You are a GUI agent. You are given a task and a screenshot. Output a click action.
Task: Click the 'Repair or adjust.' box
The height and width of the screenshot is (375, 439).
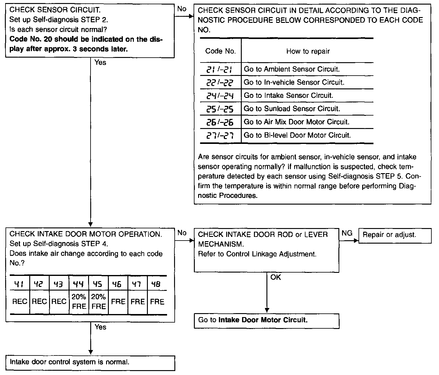tap(395, 236)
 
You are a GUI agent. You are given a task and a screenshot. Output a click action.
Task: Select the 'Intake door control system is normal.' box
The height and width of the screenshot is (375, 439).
tap(90, 362)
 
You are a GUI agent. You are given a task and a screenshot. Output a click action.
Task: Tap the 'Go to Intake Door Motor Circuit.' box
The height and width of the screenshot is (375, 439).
tap(266, 320)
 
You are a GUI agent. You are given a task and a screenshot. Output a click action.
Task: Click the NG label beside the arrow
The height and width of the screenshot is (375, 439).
tap(347, 234)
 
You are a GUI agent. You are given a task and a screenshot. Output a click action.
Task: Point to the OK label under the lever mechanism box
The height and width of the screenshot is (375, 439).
tap(276, 277)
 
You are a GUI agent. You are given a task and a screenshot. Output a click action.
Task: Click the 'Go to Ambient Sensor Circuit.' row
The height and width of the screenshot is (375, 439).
tap(292, 69)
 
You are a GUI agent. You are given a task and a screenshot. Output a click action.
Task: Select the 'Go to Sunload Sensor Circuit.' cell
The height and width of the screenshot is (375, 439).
tap(292, 109)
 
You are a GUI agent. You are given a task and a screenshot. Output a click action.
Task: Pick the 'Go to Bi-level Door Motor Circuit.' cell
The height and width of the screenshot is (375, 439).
tap(297, 135)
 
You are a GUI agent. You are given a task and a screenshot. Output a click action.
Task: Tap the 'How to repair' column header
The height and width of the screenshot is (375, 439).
tap(308, 51)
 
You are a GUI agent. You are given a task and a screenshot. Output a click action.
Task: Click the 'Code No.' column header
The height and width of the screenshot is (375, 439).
tap(220, 51)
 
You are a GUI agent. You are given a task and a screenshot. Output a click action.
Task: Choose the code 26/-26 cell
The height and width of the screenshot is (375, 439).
tap(220, 122)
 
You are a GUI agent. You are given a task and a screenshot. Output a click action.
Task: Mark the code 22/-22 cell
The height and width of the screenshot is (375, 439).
tap(220, 83)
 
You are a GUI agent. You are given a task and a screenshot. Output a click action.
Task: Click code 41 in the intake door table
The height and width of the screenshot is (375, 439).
tap(20, 284)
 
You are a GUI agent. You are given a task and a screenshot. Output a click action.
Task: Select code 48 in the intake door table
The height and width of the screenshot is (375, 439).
tap(157, 284)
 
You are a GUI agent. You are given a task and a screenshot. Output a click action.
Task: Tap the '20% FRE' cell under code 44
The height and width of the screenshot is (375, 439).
tap(79, 302)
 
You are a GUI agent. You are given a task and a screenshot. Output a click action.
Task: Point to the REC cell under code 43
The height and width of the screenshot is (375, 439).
tap(59, 302)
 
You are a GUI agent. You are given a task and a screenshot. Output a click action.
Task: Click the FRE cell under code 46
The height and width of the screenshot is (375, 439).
tap(118, 302)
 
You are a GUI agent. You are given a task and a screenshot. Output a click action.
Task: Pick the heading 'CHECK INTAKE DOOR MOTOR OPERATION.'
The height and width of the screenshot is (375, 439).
tap(86, 234)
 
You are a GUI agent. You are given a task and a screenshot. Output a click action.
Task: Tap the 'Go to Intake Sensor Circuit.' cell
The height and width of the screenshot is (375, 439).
tap(288, 96)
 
